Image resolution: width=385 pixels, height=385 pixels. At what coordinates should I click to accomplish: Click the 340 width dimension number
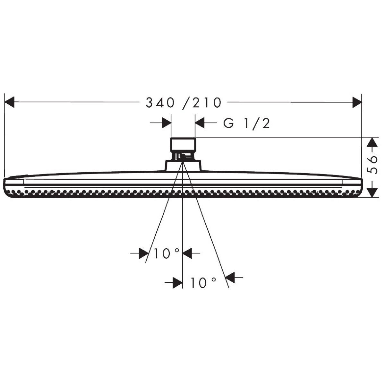pyautogui.click(x=160, y=103)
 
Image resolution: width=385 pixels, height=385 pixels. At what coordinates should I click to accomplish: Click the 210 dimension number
pyautogui.click(x=207, y=103)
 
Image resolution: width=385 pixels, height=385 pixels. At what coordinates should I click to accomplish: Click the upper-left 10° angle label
pyautogui.click(x=167, y=253)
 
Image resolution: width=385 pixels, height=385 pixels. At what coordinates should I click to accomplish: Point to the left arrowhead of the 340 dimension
pyautogui.click(x=9, y=102)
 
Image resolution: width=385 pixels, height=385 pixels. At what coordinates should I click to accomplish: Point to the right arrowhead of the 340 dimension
pyautogui.click(x=357, y=102)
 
